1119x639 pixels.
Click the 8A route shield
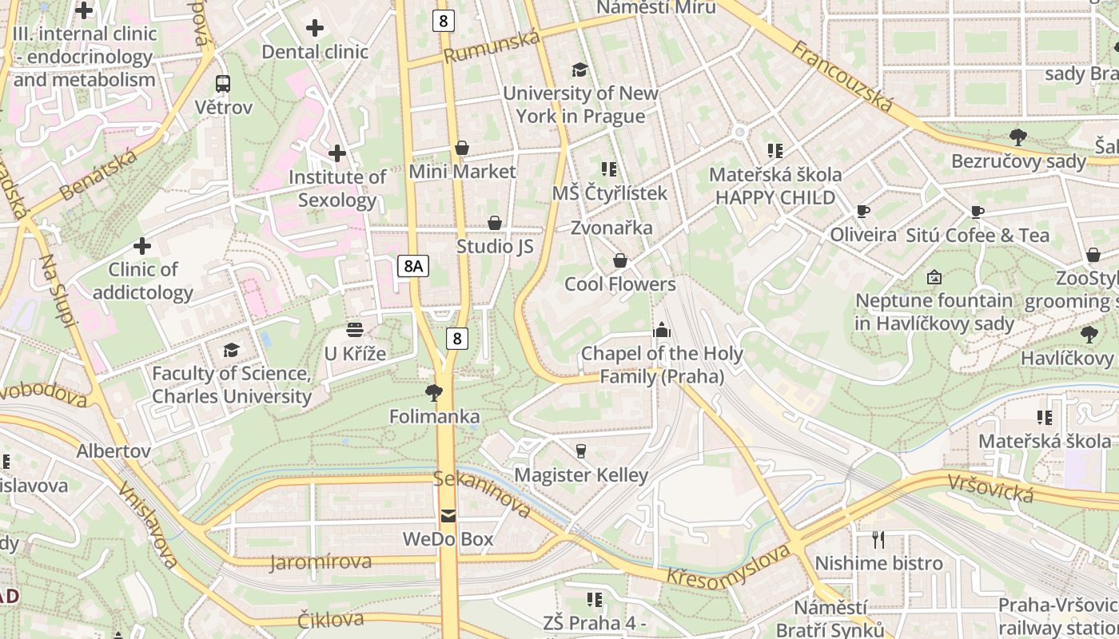pos(413,266)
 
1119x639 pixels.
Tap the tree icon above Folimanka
pos(434,392)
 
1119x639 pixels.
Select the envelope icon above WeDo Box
pos(448,516)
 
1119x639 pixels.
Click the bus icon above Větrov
pos(223,83)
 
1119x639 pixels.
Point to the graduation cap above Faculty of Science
pos(231,350)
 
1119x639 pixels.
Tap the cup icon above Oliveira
pos(862,212)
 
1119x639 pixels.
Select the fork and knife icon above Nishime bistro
pos(878,539)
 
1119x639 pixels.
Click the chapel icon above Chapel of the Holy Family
pos(661,330)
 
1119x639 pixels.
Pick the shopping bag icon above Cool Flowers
pos(619,260)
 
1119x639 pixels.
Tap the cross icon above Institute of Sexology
pos(337,153)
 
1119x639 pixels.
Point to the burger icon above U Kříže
pos(355,330)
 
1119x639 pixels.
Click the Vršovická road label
pos(991,487)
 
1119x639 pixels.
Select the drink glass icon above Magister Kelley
pos(581,451)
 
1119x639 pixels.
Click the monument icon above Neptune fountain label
pos(934,277)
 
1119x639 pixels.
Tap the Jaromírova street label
pos(321,562)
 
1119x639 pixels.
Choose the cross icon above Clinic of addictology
pos(142,245)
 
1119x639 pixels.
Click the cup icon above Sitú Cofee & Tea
pos(977,212)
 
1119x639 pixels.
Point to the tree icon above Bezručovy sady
pos(1018,137)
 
